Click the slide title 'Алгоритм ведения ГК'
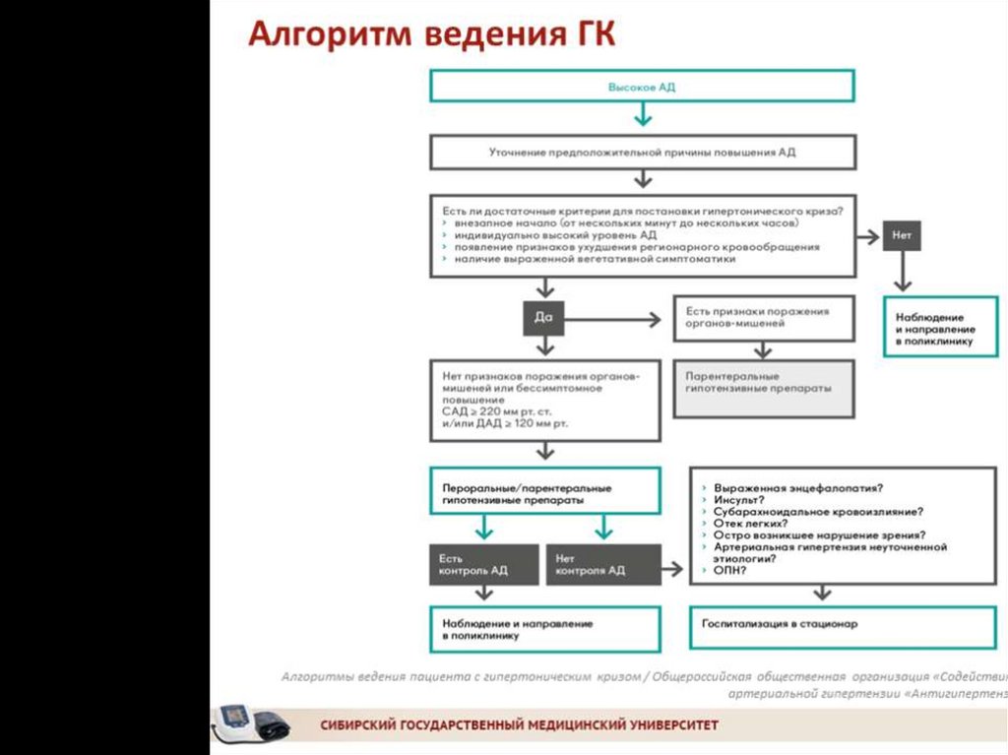coord(431,34)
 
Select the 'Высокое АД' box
coord(642,87)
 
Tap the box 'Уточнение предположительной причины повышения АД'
coord(642,153)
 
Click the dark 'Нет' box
coord(902,237)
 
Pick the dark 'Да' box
coord(543,317)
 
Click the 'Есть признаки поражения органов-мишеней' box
coord(763,317)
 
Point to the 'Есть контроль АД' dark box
coord(483,564)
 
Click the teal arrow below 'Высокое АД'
coord(642,116)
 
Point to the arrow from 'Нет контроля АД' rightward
coord(673,568)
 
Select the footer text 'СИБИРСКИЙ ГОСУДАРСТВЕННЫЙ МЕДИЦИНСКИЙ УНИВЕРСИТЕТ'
coord(519,725)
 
